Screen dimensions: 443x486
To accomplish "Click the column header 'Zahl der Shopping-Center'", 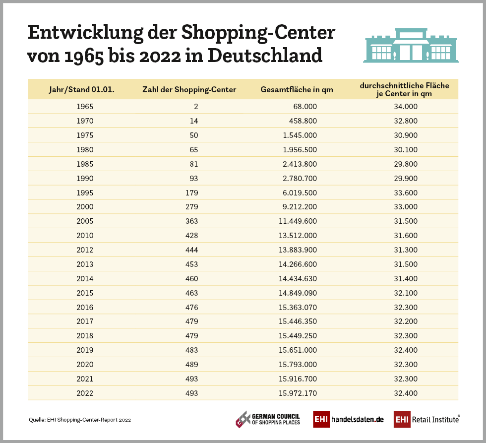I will pos(189,90).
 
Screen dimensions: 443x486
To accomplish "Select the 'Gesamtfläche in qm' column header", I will pos(297,90).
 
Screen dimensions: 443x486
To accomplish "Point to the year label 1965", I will pos(85,106).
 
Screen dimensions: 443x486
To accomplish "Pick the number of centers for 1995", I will pos(191,192).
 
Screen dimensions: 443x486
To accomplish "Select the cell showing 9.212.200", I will pos(296,207).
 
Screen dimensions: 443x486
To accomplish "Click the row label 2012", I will pos(85,250).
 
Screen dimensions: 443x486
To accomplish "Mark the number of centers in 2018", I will pos(191,336).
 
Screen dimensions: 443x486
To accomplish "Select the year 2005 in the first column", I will pos(85,221).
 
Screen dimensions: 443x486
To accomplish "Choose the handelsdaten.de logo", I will pos(349,419).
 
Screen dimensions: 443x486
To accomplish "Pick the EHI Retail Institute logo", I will pos(426,419).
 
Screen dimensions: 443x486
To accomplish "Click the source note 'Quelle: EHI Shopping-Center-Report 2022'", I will pos(80,420).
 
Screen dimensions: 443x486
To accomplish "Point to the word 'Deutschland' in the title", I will pos(265,55).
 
